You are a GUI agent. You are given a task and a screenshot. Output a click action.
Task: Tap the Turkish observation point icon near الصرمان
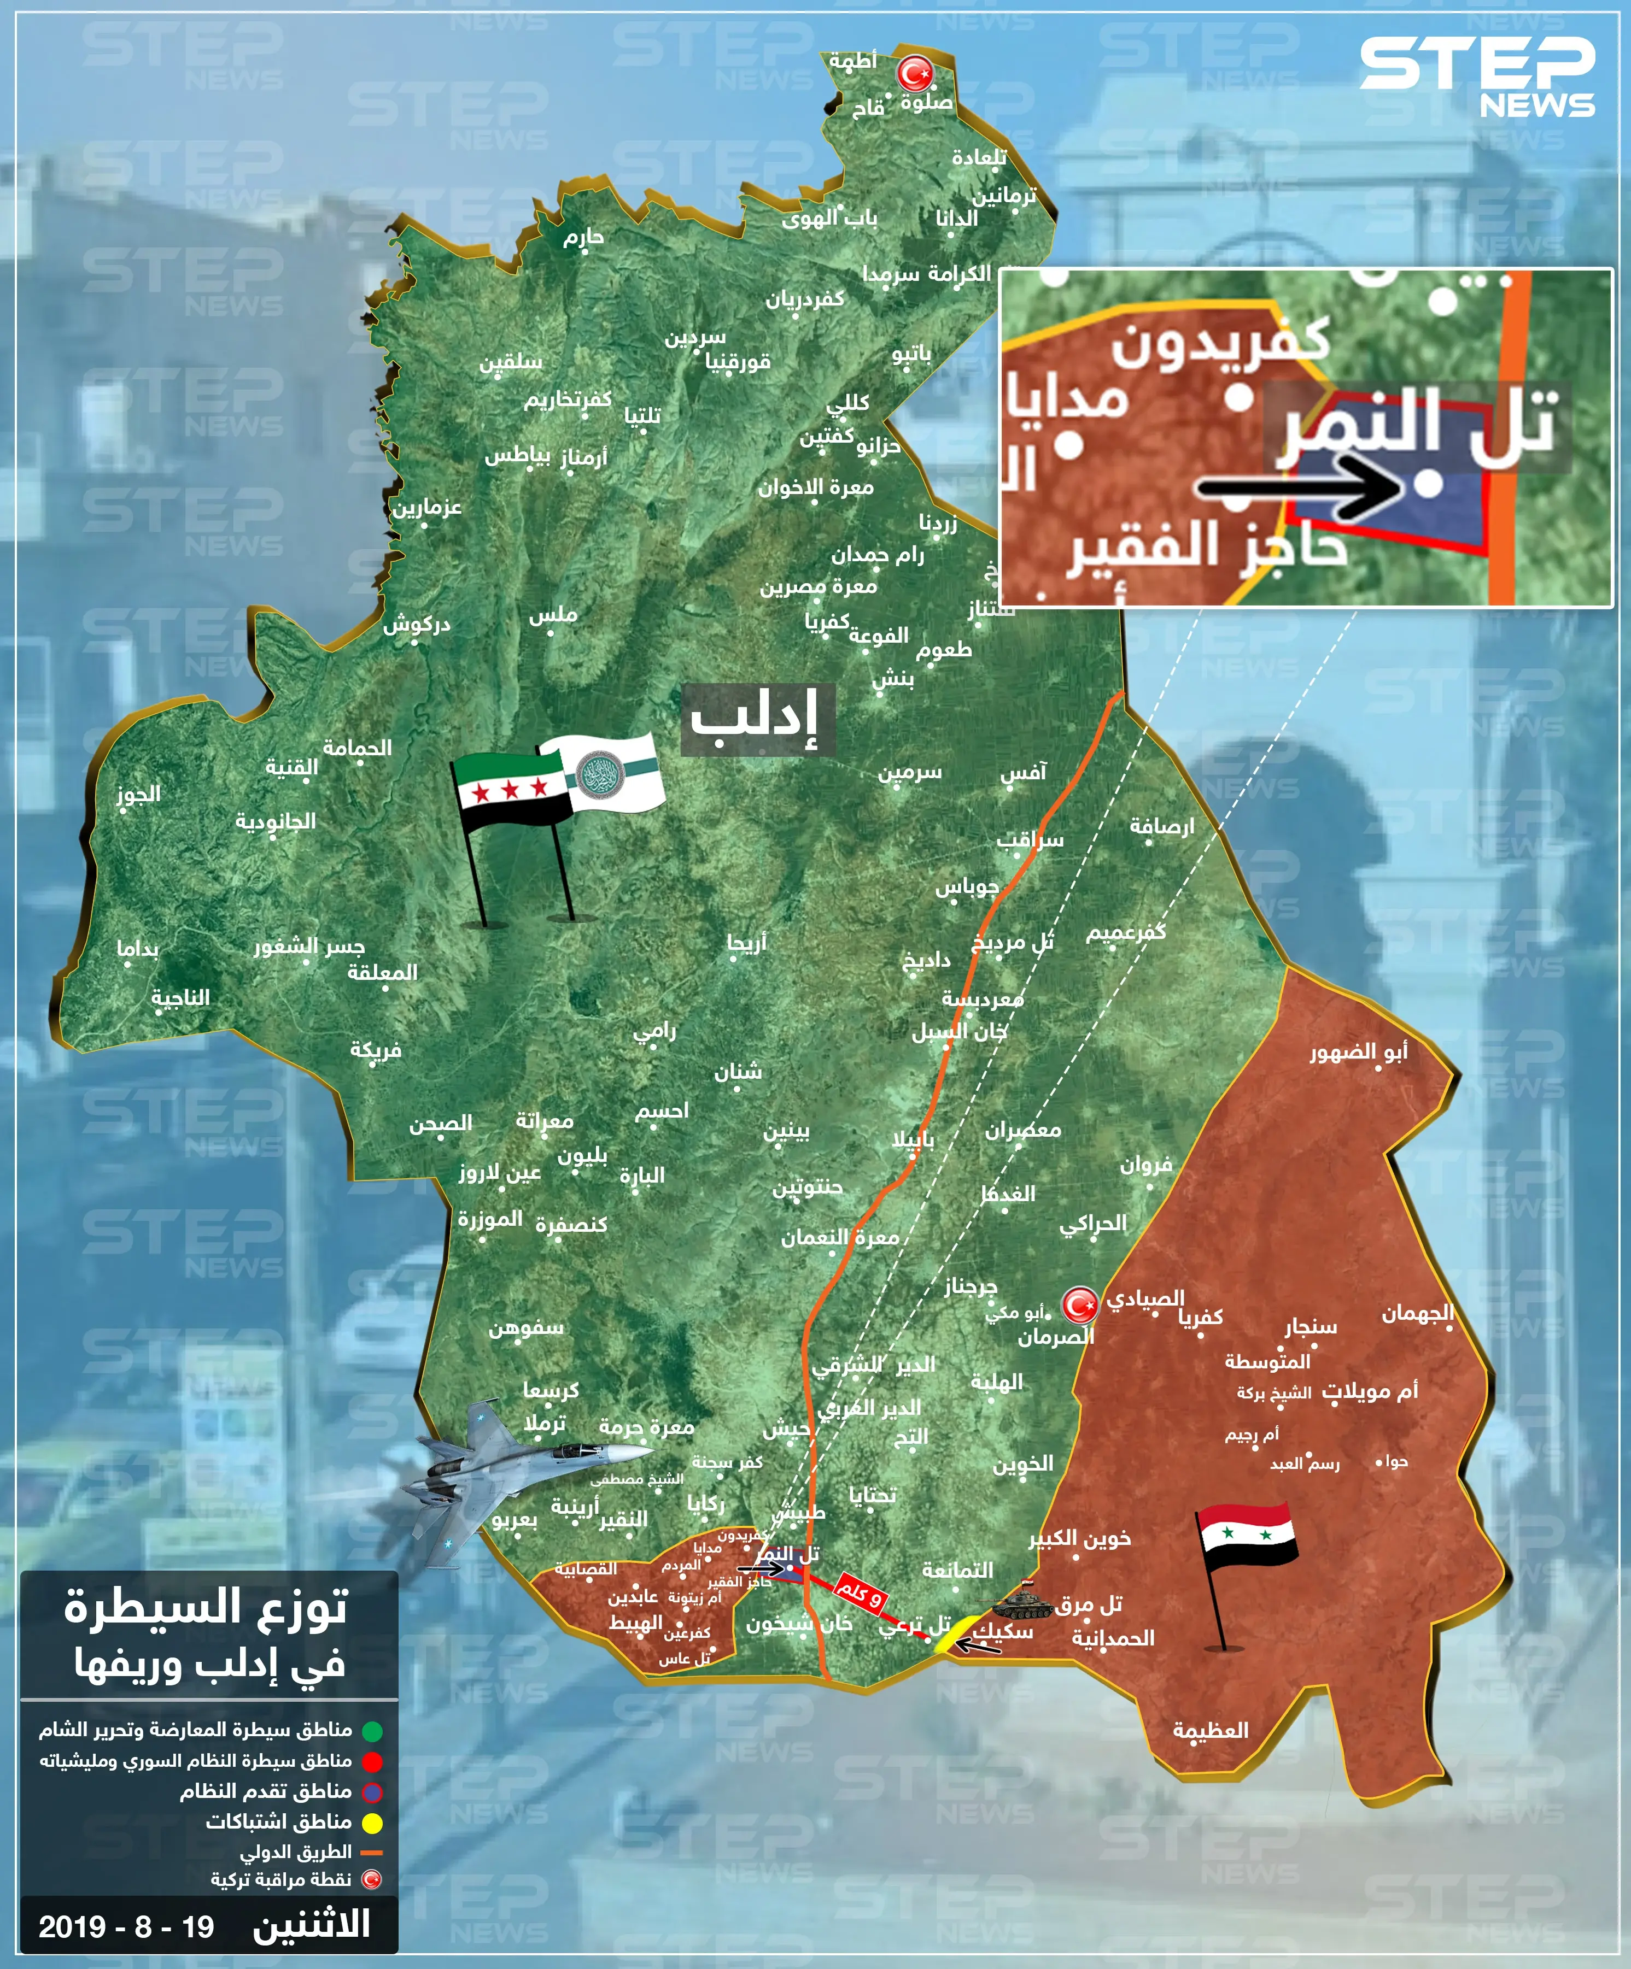[x=1079, y=1305]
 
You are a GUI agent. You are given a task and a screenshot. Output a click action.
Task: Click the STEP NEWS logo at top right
[x=1477, y=77]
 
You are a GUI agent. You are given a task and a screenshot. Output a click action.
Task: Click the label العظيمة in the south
[x=1210, y=1730]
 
